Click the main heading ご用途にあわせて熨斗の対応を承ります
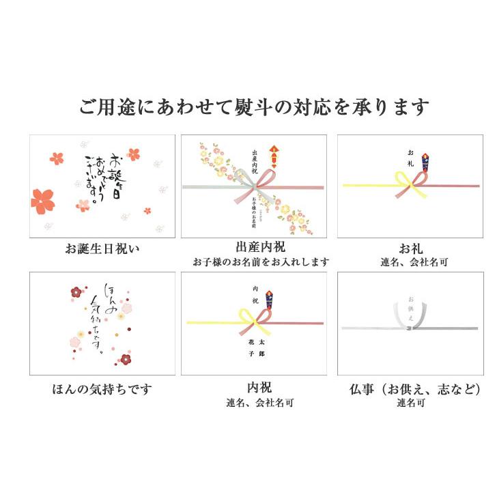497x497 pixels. click(254, 107)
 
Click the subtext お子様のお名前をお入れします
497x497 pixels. click(261, 262)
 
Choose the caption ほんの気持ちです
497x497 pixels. click(102, 389)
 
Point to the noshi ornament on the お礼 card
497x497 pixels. click(425, 162)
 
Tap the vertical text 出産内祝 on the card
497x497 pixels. click(255, 164)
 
